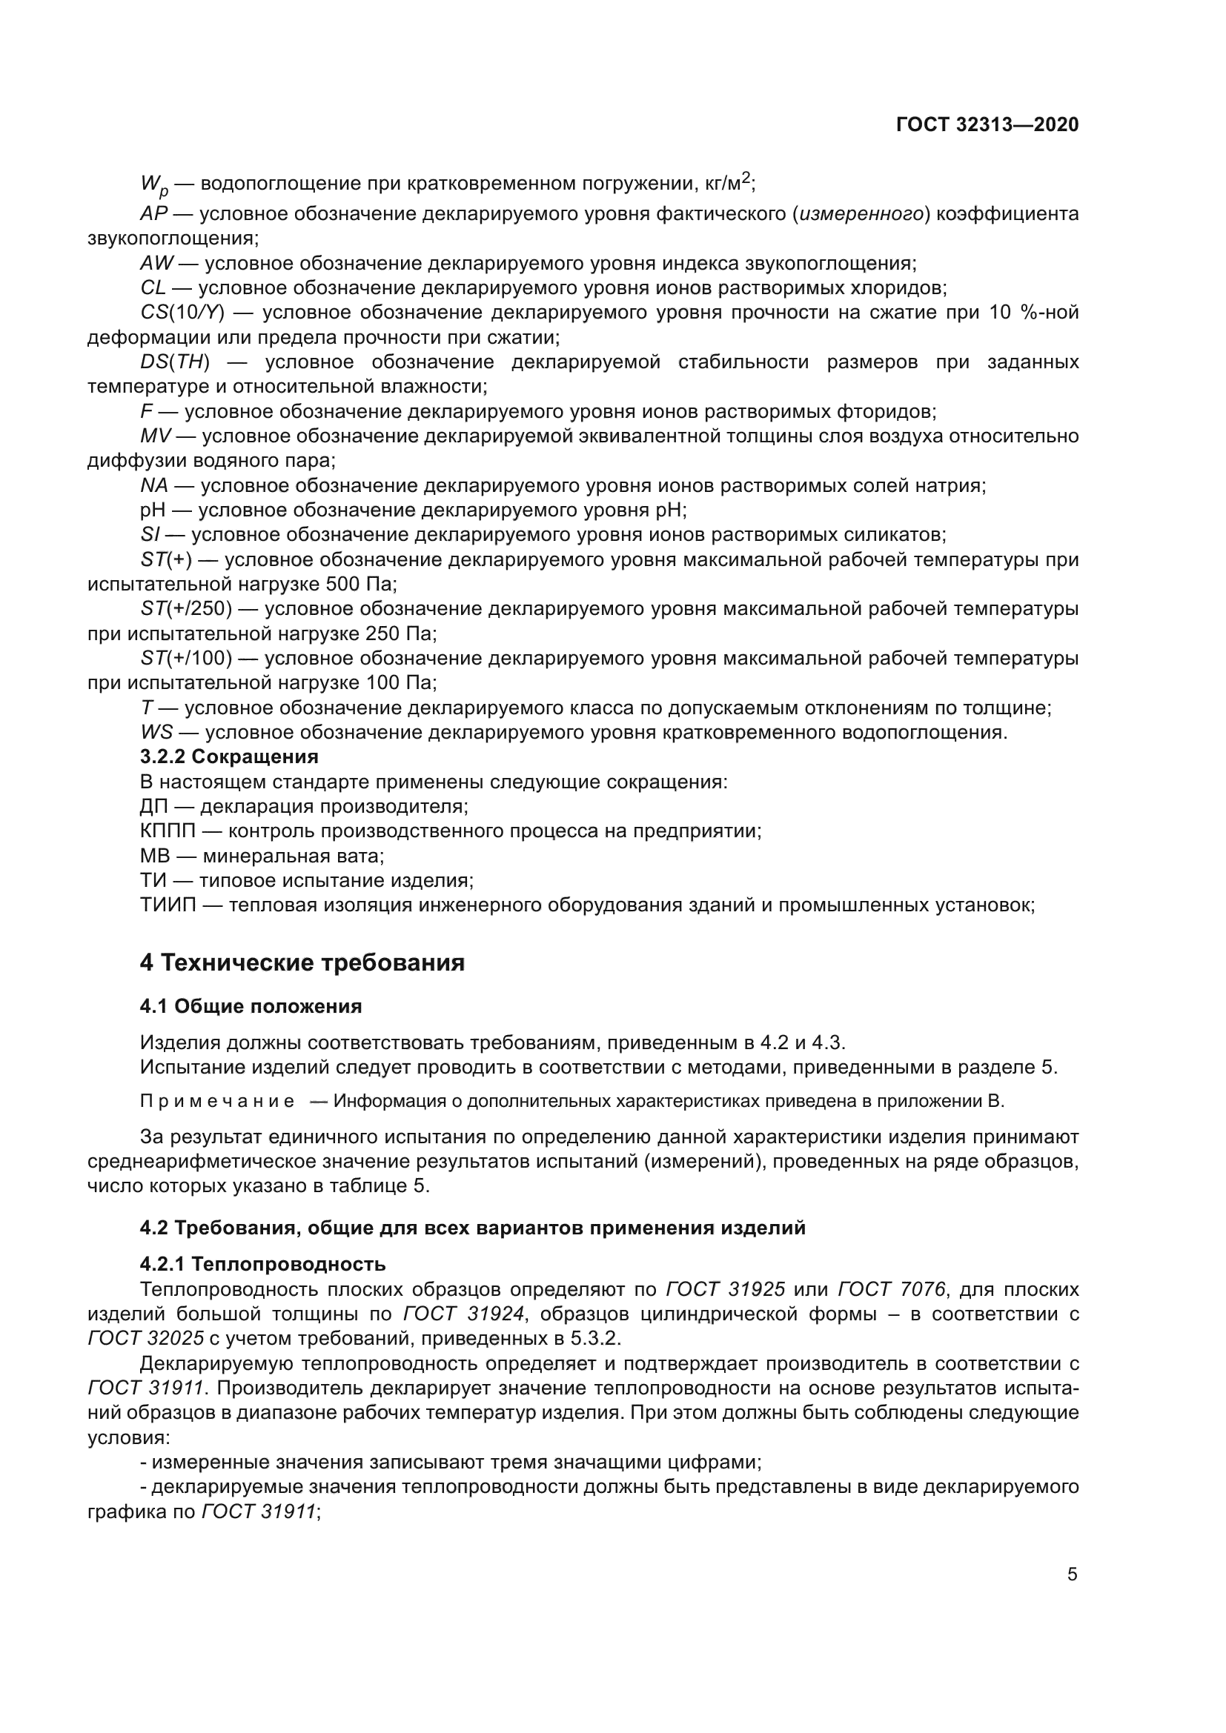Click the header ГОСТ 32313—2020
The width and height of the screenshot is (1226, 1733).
(987, 125)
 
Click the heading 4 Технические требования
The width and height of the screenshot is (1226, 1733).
(302, 963)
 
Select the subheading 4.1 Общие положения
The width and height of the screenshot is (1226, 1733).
(251, 1006)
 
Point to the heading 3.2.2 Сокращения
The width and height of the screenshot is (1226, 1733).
(229, 756)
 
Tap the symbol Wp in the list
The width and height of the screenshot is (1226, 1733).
(154, 184)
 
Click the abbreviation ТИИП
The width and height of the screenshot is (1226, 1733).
(168, 905)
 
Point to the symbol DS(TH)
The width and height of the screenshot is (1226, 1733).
(174, 362)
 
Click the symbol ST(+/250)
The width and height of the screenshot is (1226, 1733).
(186, 609)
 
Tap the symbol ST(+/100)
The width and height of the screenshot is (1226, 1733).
(186, 658)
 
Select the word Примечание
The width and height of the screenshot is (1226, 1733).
(217, 1101)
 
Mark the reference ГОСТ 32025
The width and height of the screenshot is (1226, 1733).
(146, 1338)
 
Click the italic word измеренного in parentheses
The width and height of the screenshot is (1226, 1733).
(862, 214)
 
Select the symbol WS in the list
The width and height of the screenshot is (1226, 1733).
(156, 732)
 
